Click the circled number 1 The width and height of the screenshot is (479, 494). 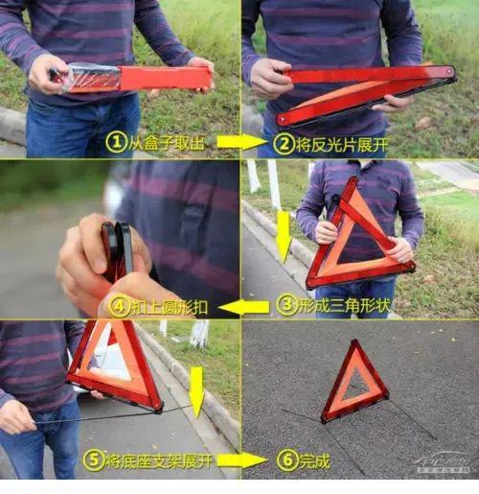116,143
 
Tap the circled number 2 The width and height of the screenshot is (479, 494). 284,145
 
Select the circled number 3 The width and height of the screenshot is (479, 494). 286,305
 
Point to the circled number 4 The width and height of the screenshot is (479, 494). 119,306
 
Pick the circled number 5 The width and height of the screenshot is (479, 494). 94,460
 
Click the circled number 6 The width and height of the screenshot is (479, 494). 286,460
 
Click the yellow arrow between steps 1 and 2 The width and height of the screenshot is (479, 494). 240,142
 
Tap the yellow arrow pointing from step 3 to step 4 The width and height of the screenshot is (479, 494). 244,307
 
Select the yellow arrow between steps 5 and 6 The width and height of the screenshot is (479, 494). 242,460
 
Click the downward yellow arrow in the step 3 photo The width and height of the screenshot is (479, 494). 284,237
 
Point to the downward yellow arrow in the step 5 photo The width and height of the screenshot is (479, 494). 196,392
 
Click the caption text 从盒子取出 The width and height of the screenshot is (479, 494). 166,143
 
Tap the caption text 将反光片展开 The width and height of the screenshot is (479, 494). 342,145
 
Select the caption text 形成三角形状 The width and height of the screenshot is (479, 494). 344,305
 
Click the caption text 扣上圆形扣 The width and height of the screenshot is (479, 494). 170,307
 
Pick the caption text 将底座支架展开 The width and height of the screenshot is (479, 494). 159,461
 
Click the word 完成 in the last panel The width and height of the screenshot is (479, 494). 314,461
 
